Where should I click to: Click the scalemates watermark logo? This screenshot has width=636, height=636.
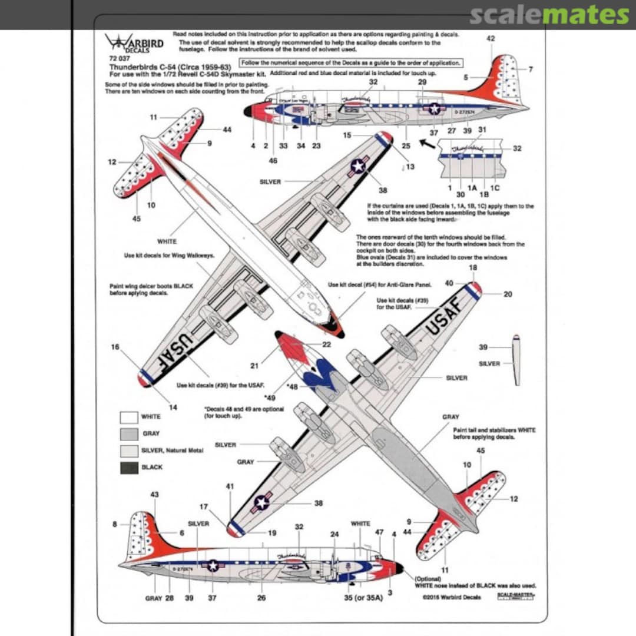pos(549,15)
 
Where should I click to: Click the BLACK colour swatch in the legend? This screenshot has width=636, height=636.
pos(128,467)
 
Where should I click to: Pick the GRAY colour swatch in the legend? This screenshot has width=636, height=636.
pos(128,433)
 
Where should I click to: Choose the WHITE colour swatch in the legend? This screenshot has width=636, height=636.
pos(128,417)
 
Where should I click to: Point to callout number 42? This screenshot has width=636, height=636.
pos(491,38)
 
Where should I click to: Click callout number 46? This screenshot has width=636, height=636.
pos(272,161)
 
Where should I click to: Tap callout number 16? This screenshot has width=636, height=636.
pos(115,347)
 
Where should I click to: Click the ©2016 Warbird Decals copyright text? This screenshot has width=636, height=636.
pos(451,597)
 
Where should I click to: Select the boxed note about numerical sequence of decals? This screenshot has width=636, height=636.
pos(350,63)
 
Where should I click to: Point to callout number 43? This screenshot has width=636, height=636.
pos(154,495)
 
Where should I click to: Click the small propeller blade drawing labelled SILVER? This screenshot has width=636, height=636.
pos(516,360)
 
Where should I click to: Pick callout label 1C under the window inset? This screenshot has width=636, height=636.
pos(495,188)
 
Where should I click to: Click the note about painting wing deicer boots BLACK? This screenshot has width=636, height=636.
pos(151,289)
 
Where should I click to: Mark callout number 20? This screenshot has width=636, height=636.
pos(508,294)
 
